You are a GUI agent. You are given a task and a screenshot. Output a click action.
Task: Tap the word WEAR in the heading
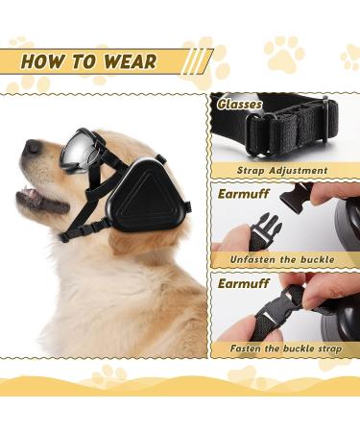pos(126,61)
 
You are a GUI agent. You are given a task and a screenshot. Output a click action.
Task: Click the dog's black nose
pos(32,147)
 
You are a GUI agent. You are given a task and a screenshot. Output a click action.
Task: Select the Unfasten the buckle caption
pos(284,260)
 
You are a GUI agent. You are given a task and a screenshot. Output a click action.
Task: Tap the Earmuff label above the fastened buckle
pos(241,284)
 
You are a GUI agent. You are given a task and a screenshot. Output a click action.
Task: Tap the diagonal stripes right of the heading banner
pos(196,61)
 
